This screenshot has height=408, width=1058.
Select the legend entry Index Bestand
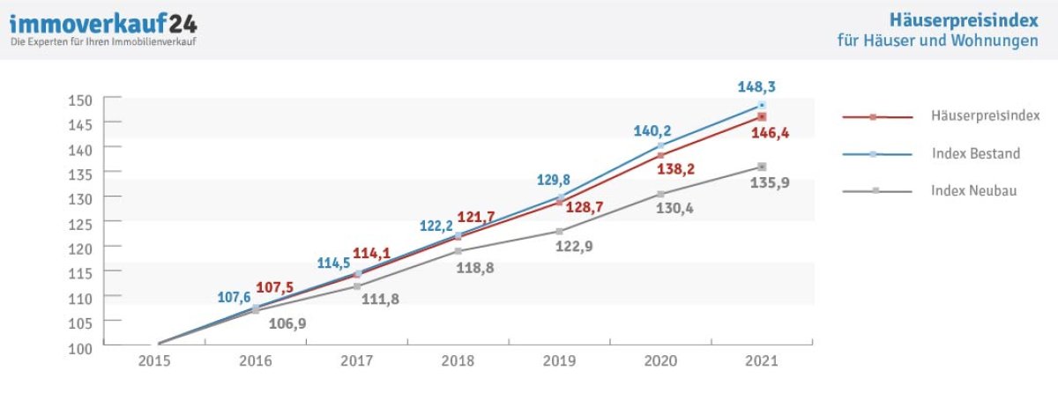click(975, 154)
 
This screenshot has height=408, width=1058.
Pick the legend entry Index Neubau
click(973, 190)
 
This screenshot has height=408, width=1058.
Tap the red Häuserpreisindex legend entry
click(985, 116)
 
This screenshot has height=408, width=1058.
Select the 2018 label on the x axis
click(458, 360)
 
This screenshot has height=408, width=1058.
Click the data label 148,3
click(756, 87)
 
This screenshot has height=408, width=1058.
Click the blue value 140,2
click(652, 131)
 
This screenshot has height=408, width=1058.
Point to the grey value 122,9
click(574, 247)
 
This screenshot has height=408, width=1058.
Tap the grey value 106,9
click(287, 325)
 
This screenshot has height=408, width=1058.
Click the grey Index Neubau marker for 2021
click(762, 167)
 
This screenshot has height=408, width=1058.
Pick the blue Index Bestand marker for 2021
click(762, 105)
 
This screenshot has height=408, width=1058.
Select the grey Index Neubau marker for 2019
click(559, 232)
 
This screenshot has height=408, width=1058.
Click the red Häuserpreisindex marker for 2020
click(660, 155)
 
